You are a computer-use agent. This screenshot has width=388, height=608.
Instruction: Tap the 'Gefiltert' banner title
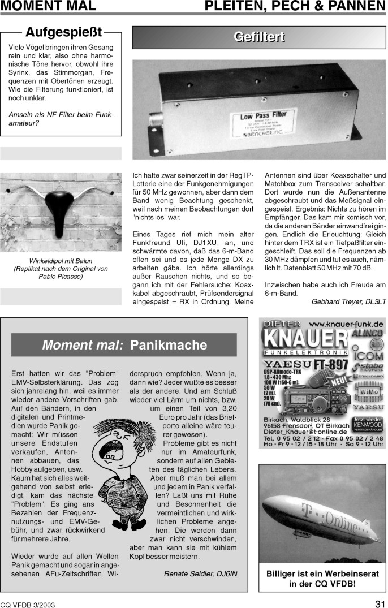coord(259,38)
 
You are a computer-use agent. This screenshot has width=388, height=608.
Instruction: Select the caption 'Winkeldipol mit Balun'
coord(61,261)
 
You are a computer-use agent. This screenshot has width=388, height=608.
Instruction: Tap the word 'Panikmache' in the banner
coord(169,345)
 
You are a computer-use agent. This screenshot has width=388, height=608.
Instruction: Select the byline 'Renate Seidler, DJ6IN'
coord(200,573)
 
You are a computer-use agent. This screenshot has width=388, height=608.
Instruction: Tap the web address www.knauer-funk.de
coord(346,324)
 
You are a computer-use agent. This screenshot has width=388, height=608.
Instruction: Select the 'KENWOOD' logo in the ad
coord(367,425)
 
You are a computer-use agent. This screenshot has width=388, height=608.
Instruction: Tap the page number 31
coord(380,602)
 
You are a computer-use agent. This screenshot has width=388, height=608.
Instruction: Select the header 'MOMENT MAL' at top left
coord(48,7)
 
